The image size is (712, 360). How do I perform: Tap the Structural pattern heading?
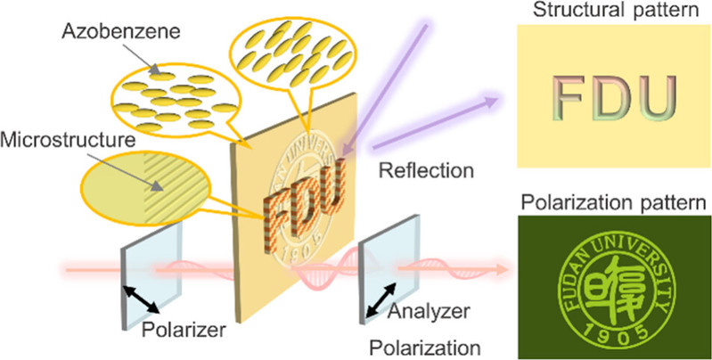pyautogui.click(x=614, y=11)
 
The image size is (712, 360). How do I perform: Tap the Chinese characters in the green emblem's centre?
pyautogui.click(x=616, y=279)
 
